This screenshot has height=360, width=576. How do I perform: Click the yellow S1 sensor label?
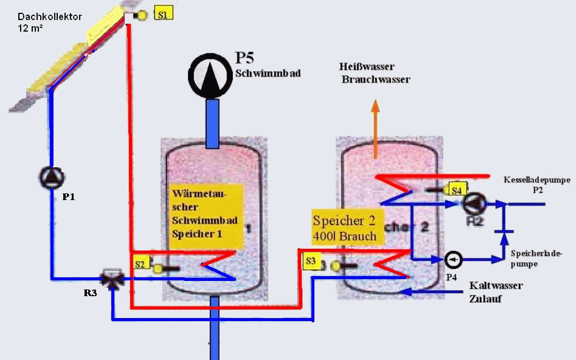click(x=163, y=14)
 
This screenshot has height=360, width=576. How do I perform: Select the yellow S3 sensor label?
click(x=311, y=261)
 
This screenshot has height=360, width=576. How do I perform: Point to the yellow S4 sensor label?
click(x=459, y=189)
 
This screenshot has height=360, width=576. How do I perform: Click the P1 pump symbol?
click(x=51, y=177)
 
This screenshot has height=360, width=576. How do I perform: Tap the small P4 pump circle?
click(x=454, y=260)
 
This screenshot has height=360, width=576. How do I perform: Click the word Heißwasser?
click(x=369, y=67)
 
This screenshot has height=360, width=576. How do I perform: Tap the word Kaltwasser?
click(x=496, y=285)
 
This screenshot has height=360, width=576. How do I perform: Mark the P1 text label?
click(x=69, y=197)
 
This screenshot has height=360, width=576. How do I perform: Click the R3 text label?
click(x=90, y=292)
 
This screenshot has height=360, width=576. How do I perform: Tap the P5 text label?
click(x=244, y=59)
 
